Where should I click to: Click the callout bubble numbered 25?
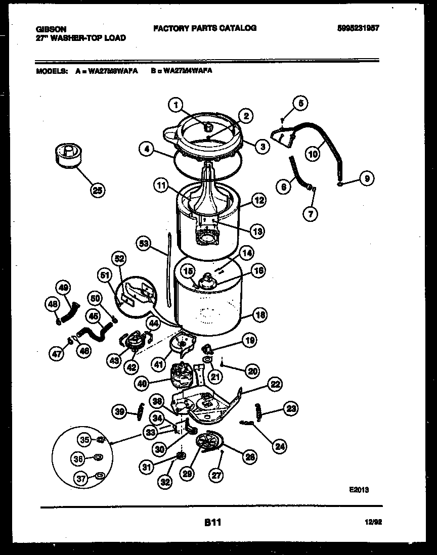(x=99, y=190)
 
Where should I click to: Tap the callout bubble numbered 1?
(x=175, y=105)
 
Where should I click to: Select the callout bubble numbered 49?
(x=63, y=287)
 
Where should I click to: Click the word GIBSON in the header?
(x=51, y=29)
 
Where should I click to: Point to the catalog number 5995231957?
(x=358, y=29)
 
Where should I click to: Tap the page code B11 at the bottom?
(x=213, y=522)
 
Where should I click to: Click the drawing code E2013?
(x=359, y=489)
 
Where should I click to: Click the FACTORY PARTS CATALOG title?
(x=204, y=28)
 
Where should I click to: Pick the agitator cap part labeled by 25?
(x=68, y=154)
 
